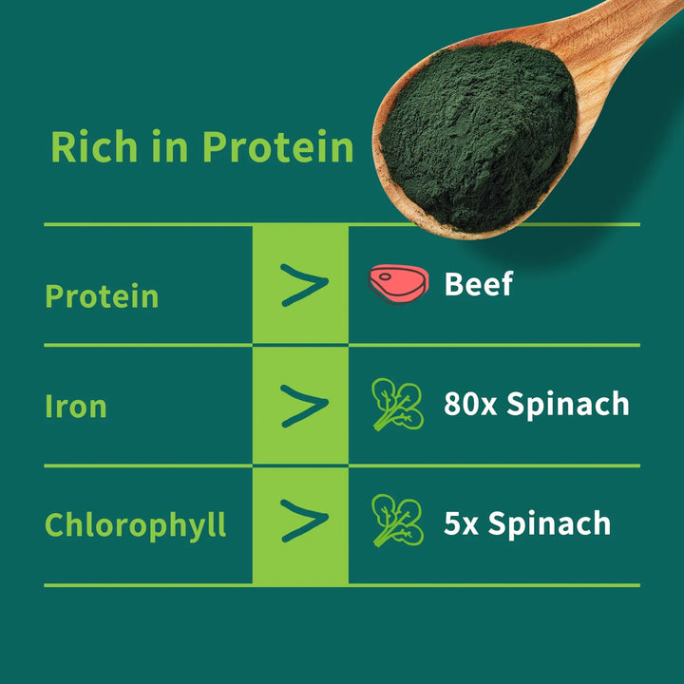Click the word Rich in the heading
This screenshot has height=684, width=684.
click(x=94, y=146)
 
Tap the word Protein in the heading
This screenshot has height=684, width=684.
click(x=277, y=146)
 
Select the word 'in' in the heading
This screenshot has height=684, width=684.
click(x=170, y=146)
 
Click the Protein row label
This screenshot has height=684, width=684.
click(x=102, y=296)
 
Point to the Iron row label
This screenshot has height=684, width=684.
click(x=76, y=407)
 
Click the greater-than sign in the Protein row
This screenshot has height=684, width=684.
click(x=305, y=285)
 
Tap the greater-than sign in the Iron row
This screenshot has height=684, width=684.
click(x=305, y=406)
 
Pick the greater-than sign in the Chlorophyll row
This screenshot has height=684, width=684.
click(x=305, y=521)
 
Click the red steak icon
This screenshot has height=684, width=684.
click(x=398, y=283)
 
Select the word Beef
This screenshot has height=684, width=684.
click(x=479, y=284)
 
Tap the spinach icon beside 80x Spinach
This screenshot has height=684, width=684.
click(x=397, y=404)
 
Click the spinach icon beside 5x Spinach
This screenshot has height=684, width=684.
click(x=397, y=520)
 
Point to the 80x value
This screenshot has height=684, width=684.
click(x=470, y=404)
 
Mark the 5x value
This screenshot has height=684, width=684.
click(x=461, y=523)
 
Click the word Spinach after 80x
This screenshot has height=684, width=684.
click(x=568, y=405)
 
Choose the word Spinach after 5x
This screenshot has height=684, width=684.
click(x=550, y=524)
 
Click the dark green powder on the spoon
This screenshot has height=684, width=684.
click(x=478, y=135)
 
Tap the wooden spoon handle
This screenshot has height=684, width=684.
click(x=628, y=27)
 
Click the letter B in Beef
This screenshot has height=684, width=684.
click(x=454, y=284)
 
